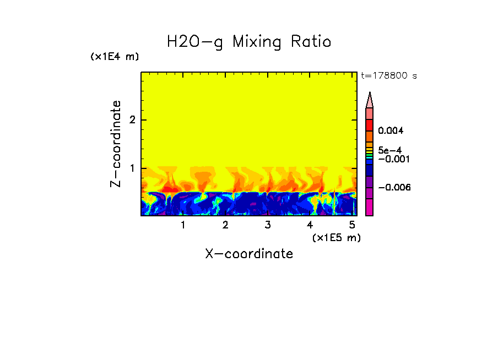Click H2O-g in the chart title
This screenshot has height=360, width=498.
click(194, 42)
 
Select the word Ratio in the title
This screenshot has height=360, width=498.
click(312, 42)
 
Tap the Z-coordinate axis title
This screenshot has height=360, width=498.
click(116, 144)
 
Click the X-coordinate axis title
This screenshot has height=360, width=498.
click(249, 254)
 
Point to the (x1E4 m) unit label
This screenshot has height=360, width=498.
click(115, 57)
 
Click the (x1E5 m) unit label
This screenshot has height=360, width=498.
click(336, 237)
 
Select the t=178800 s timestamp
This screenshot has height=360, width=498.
click(388, 76)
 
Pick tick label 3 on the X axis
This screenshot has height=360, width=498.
click(268, 225)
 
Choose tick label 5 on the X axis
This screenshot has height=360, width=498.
click(352, 225)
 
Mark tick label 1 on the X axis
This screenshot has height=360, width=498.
click(183, 225)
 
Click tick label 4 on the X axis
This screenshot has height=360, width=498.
click(310, 225)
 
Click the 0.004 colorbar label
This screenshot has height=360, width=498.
click(391, 131)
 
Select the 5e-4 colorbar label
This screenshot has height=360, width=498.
click(389, 150)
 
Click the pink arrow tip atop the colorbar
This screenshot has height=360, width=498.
click(370, 100)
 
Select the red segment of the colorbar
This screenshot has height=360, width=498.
click(370, 125)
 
